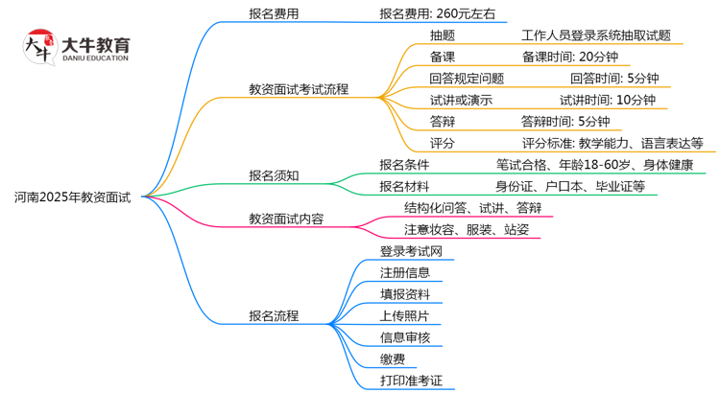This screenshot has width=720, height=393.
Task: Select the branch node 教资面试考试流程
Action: pos(299,89)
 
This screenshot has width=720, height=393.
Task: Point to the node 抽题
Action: pos(443,35)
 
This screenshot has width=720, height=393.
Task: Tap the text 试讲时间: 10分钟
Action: pos(608,100)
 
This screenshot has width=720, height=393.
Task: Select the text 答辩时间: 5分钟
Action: pos(565,121)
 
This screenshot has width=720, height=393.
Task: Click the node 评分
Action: pos(443,143)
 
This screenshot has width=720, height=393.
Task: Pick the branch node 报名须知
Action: pos(274,175)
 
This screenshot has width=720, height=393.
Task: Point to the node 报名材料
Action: pos(404,186)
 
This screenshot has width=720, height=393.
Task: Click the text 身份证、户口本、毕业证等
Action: pos(570,186)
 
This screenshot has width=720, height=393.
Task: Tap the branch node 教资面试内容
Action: pos(286,219)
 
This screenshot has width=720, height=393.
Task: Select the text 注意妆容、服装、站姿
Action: pos(466,229)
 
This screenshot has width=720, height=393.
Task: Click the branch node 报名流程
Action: pos(274,315)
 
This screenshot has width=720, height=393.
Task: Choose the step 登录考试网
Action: pos(411,251)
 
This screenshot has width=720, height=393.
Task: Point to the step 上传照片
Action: pos(404,315)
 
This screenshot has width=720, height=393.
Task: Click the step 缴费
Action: pos(392,359)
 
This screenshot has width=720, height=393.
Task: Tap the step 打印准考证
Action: pos(411,381)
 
